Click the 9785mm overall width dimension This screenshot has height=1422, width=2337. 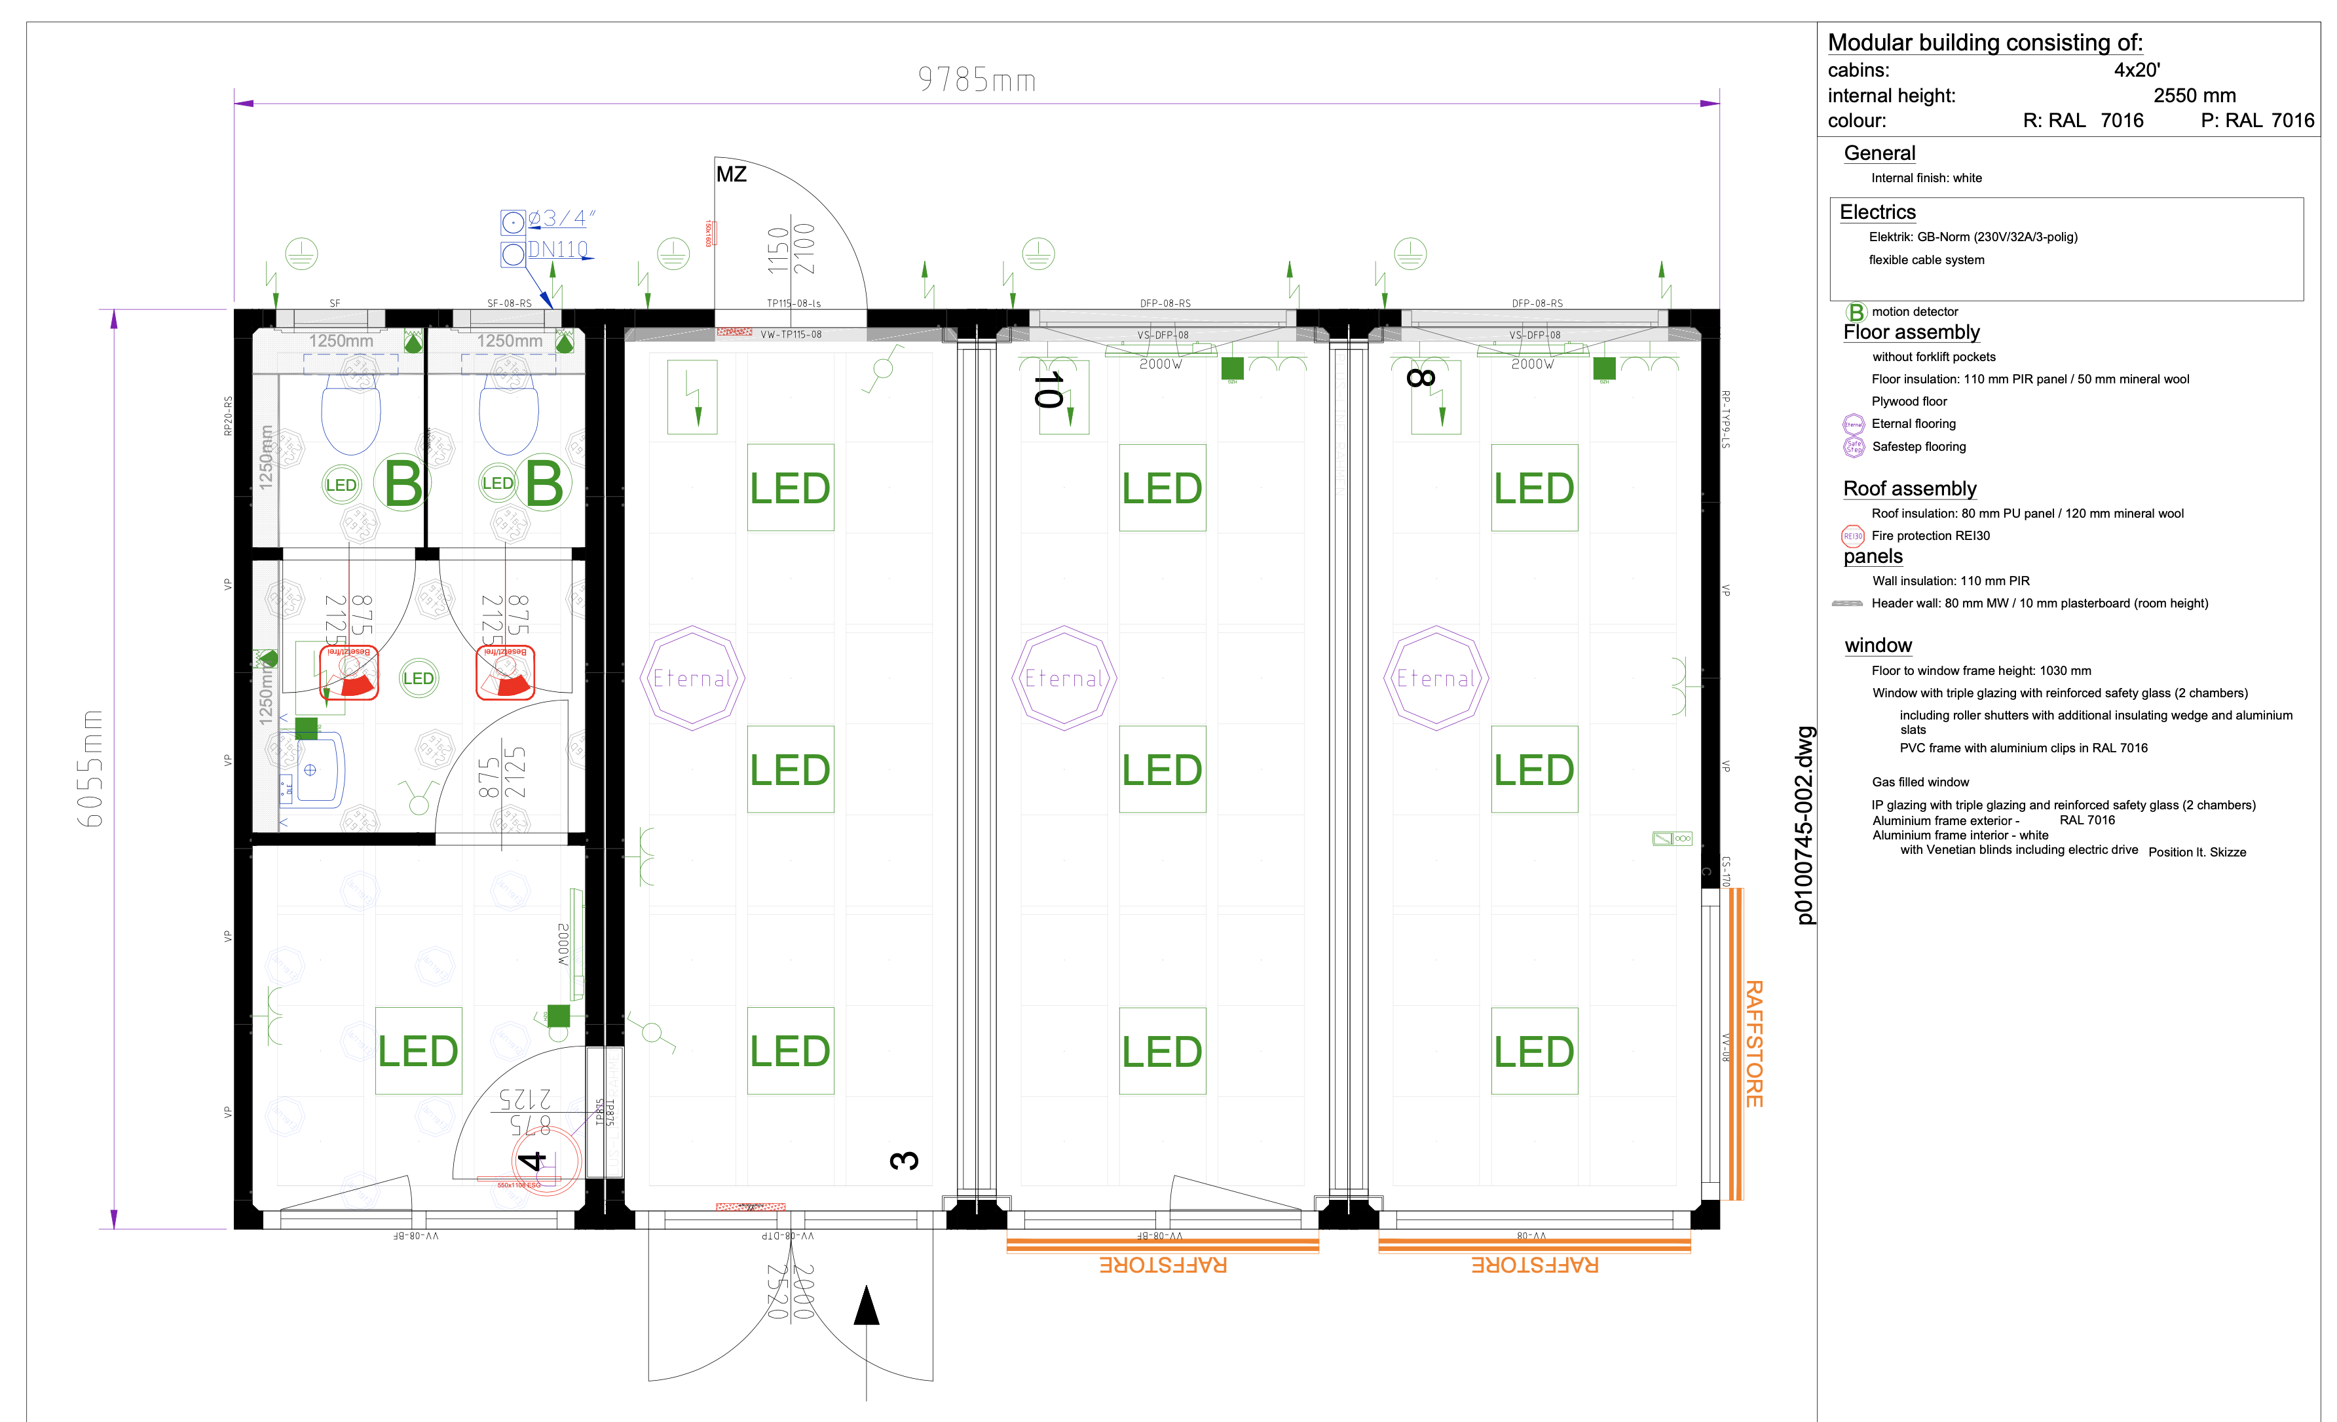[976, 80]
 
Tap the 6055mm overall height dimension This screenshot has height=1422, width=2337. [90, 769]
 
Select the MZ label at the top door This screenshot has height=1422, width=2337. [731, 174]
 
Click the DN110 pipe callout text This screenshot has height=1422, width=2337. [557, 250]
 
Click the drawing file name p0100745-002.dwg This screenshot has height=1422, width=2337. [1805, 825]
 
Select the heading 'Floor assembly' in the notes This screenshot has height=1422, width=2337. [1911, 332]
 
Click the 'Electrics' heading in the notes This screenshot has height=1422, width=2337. [1877, 212]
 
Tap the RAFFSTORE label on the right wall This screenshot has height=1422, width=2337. [1753, 1043]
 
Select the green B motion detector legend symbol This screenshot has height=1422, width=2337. [1855, 312]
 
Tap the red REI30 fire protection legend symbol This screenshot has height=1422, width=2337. [1852, 536]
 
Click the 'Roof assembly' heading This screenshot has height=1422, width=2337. [1909, 489]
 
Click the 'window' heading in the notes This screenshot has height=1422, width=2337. [1878, 646]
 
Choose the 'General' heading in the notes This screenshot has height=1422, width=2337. [1879, 154]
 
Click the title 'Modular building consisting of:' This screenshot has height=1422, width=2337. [1984, 43]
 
